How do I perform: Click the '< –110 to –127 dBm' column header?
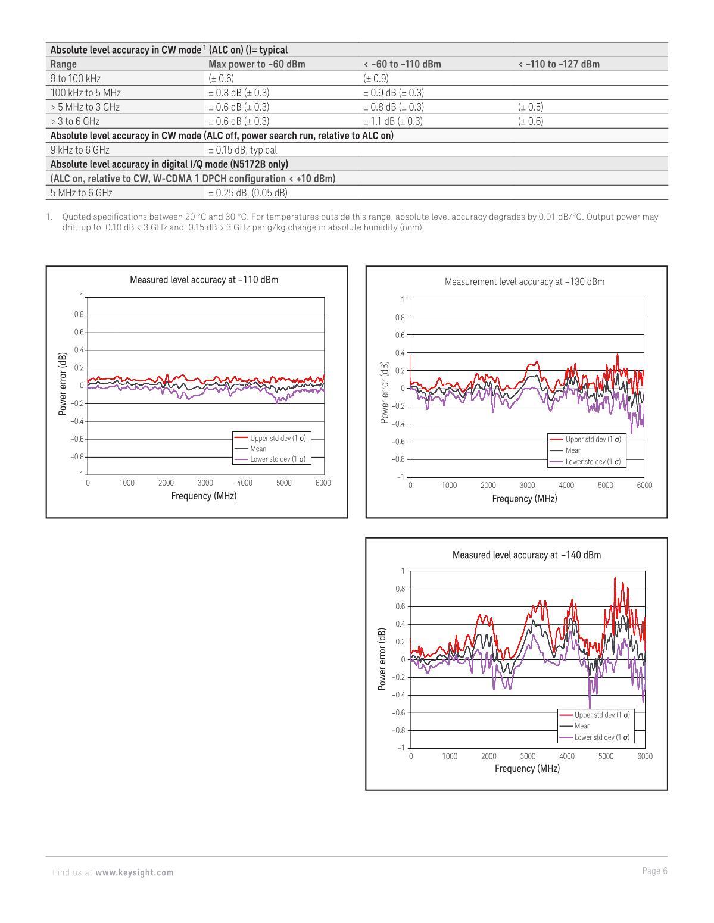tap(559, 64)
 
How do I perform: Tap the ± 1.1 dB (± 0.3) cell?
tap(393, 121)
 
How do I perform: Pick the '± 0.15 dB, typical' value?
tap(242, 150)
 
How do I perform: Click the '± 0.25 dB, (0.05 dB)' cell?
tap(248, 193)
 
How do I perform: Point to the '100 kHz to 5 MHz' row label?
tap(86, 93)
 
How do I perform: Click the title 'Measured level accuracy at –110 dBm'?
tap(204, 280)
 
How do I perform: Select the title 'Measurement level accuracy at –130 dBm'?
tap(524, 282)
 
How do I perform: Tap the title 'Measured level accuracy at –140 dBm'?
tap(526, 555)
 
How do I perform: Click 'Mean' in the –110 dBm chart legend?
tap(258, 449)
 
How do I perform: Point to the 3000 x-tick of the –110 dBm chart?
tap(205, 483)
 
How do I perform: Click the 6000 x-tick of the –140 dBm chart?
tap(644, 756)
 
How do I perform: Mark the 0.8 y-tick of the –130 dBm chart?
tap(400, 317)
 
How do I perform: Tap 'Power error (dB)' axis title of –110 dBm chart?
tap(62, 385)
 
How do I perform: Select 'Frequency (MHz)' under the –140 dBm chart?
tap(527, 769)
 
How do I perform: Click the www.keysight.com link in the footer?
tap(135, 873)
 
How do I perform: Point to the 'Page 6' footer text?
tap(655, 871)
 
